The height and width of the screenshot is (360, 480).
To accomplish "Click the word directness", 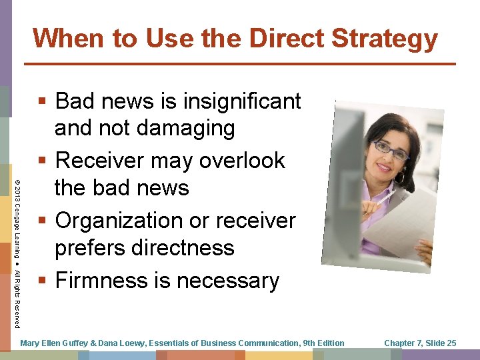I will (180, 248).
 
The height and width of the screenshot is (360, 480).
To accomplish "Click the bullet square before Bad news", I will (42, 102).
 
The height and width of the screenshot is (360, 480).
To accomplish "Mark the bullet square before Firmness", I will (42, 281).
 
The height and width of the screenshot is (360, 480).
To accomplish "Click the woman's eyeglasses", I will (391, 149).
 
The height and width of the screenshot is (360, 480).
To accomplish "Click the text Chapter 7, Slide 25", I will (420, 343).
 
